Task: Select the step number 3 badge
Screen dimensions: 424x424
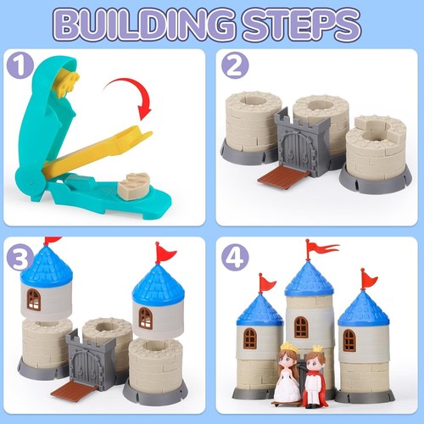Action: (22, 257)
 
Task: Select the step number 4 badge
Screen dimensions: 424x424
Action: (234, 257)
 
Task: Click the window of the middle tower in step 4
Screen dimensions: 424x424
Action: (301, 327)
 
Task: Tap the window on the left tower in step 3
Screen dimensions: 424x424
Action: (34, 298)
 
